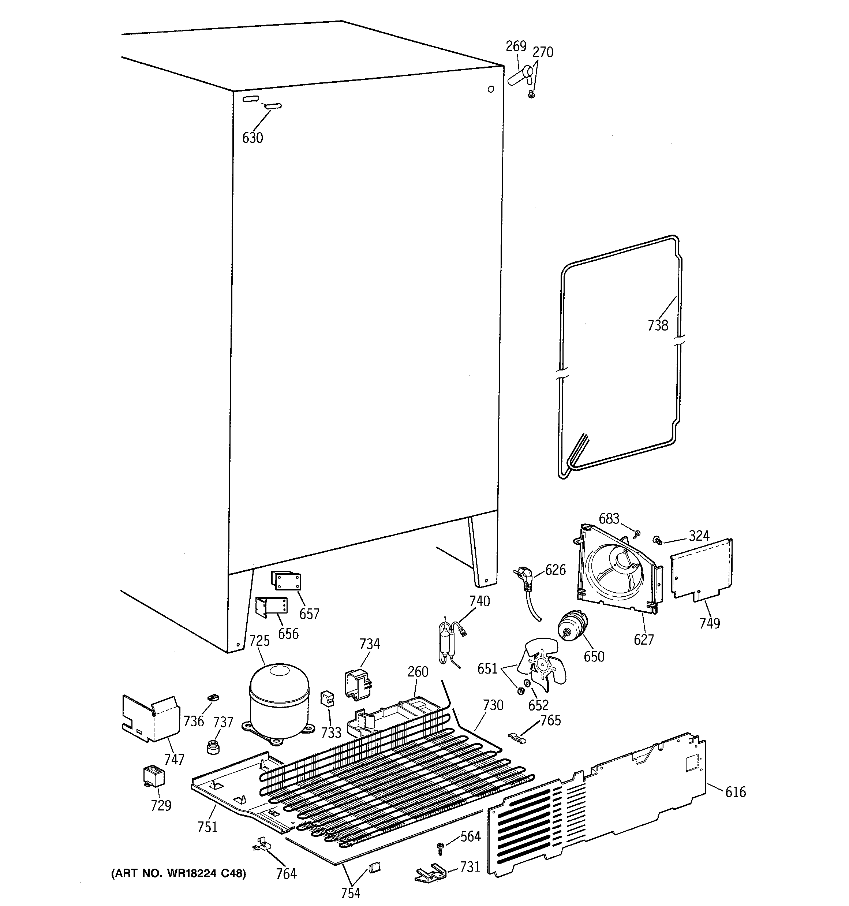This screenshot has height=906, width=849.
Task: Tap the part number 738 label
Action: tap(658, 325)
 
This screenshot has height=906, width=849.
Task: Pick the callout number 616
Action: tap(736, 792)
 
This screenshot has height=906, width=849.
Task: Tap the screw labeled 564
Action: tap(440, 849)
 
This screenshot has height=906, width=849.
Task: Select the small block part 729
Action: tap(154, 776)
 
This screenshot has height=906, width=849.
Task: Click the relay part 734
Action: tap(358, 683)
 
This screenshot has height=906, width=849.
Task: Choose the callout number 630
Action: tap(253, 137)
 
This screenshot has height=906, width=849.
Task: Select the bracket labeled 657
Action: tap(286, 581)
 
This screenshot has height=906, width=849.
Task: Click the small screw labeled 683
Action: tap(637, 532)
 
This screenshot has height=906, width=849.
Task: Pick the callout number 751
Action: tap(207, 826)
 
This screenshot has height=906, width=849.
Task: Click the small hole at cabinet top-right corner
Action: tap(491, 89)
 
